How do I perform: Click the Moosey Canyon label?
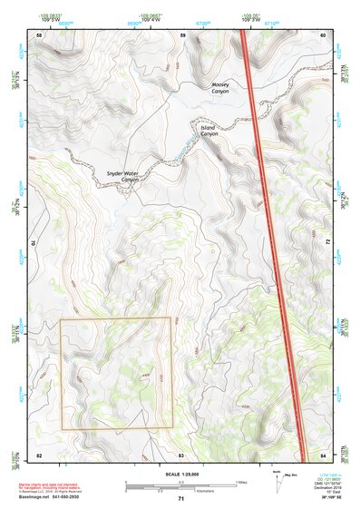tap(214, 88)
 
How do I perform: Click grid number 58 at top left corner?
tap(39, 35)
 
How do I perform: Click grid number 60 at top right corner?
tap(324, 35)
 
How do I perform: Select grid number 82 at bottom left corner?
tap(39, 455)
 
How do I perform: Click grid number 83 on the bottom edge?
tap(181, 455)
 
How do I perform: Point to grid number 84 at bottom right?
tap(324, 455)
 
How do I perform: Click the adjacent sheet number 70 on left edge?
tap(36, 243)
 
